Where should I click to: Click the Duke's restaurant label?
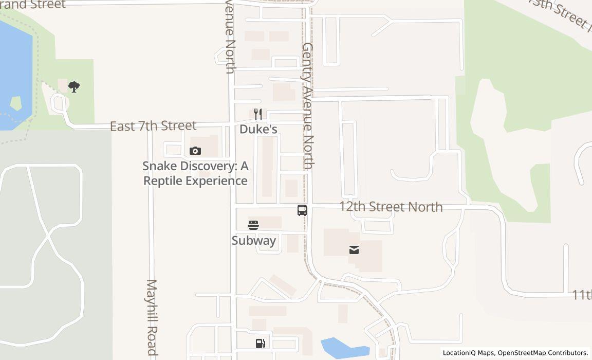tap(258, 129)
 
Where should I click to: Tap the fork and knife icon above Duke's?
tap(258, 114)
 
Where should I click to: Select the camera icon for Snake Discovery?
tap(195, 151)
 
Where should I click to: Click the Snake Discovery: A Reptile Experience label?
tap(195, 173)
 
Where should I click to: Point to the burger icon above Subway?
tap(253, 225)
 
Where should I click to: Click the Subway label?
tap(253, 241)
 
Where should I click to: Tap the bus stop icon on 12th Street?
tap(302, 210)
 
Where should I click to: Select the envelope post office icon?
tap(354, 250)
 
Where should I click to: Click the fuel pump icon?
tap(260, 344)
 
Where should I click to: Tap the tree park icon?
tap(74, 86)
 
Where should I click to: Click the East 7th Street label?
tap(153, 125)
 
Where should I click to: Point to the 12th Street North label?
tap(391, 207)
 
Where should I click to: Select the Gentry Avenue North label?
tap(308, 105)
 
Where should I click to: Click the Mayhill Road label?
tap(152, 318)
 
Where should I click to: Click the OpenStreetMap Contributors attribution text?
tap(543, 353)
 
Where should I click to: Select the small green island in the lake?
tap(16, 103)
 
